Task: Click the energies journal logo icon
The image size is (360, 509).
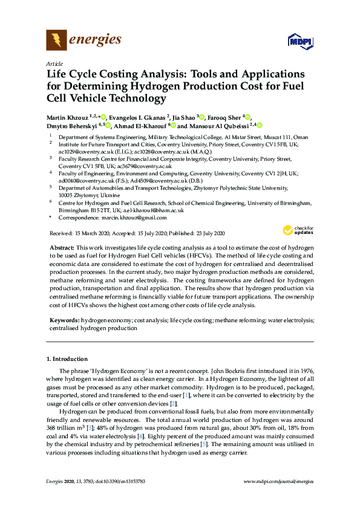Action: pos(56,40)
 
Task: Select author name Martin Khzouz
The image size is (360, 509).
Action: pos(67,117)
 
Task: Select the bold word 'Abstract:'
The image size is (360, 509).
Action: pos(61,248)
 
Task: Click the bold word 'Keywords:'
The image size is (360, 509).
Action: pos(64,319)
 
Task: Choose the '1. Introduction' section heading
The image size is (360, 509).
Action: pos(67,359)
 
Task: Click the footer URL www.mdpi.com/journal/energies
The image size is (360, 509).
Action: pos(278,481)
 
